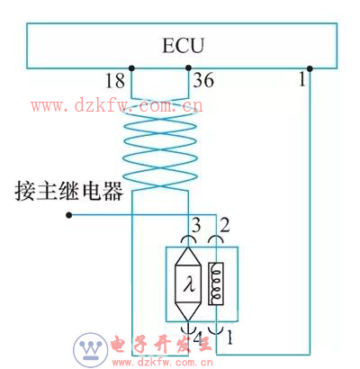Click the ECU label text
click(x=183, y=46)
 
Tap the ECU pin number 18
click(x=115, y=80)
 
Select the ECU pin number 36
click(x=203, y=80)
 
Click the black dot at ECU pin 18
click(x=131, y=68)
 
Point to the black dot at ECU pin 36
click(x=188, y=67)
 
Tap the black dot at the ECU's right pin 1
click(x=310, y=68)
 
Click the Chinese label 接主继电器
click(x=69, y=191)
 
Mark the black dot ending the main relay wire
click(x=69, y=215)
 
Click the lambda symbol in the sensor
click(x=188, y=283)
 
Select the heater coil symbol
click(x=216, y=283)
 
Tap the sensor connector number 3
click(x=196, y=225)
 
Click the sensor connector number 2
click(x=225, y=225)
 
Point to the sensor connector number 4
click(x=198, y=339)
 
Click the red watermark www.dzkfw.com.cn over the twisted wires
click(x=117, y=105)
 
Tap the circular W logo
click(x=91, y=349)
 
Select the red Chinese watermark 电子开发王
click(x=161, y=344)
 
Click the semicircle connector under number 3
click(x=188, y=237)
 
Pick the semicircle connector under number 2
click(x=216, y=237)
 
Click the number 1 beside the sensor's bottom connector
click(x=229, y=337)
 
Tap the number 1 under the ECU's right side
click(x=302, y=79)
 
